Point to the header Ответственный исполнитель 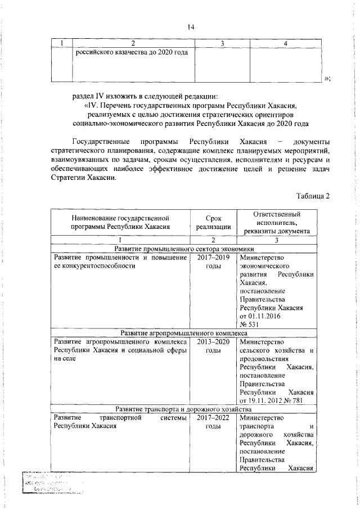click(276, 222)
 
